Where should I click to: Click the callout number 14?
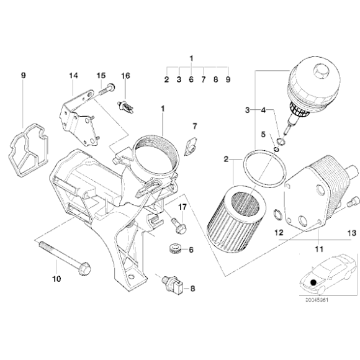pos(73,75)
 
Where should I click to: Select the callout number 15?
pos(101,75)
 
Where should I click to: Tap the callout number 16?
pos(125,75)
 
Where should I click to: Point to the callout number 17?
pos(182,206)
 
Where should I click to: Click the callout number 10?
pos(56,279)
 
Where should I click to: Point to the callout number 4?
pos(263,110)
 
